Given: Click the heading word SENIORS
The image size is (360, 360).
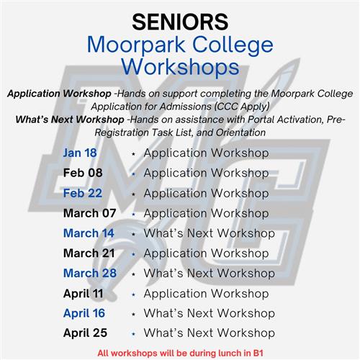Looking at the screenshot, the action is pyautogui.click(x=180, y=22).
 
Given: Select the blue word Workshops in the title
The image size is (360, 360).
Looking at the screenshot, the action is pyautogui.click(x=181, y=67).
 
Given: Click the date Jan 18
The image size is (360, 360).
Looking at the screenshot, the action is pyautogui.click(x=80, y=153).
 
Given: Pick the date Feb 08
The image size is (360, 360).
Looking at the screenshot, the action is pyautogui.click(x=83, y=173).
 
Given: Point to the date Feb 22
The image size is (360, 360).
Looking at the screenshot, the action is pyautogui.click(x=83, y=193).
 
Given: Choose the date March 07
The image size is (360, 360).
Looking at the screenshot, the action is pyautogui.click(x=90, y=213).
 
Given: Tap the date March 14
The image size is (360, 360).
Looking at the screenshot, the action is pyautogui.click(x=89, y=233).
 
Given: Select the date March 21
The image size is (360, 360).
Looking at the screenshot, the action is pyautogui.click(x=89, y=253).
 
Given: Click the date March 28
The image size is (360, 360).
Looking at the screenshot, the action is pyautogui.click(x=90, y=273).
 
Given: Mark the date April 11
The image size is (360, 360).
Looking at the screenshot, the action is pyautogui.click(x=84, y=294).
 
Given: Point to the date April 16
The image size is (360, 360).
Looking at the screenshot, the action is pyautogui.click(x=84, y=314).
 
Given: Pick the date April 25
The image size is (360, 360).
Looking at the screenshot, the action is pyautogui.click(x=85, y=333).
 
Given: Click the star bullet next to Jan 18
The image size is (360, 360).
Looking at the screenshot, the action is pyautogui.click(x=134, y=154).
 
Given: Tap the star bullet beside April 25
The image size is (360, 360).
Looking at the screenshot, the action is pyautogui.click(x=134, y=334).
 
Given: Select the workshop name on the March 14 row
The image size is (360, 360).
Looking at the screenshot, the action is pyautogui.click(x=210, y=233).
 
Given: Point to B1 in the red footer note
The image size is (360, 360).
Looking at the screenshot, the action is pyautogui.click(x=258, y=354).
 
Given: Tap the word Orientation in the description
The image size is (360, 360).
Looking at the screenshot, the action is pyautogui.click(x=240, y=132).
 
